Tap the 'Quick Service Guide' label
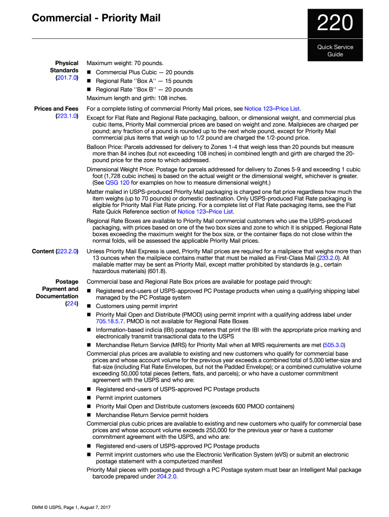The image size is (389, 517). click(335, 50)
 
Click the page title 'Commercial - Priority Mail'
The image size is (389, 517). click(96, 19)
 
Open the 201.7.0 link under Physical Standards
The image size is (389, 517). click(66, 78)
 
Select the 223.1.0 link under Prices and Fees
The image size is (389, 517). click(66, 116)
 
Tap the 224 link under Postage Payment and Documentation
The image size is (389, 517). click(71, 304)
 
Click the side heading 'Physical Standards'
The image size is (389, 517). click(64, 67)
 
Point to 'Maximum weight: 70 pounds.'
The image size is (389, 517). click(125, 63)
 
